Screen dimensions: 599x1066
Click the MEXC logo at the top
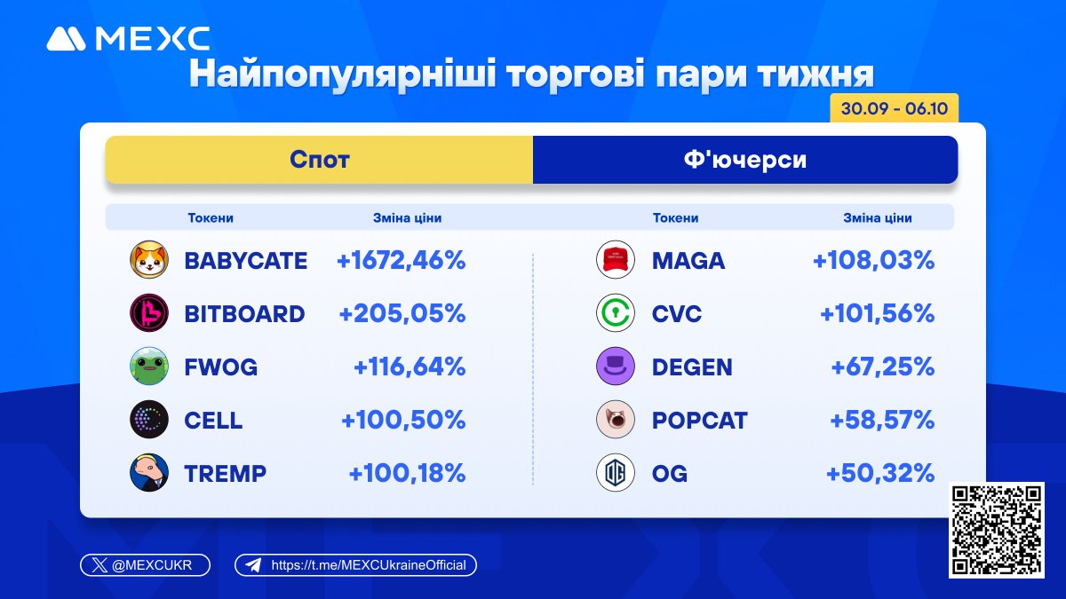128,38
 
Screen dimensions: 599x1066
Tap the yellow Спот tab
319,160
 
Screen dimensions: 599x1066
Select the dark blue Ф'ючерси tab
744,160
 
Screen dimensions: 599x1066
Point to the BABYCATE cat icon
148,260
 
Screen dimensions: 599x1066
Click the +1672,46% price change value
401,260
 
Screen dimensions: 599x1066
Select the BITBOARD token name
244,313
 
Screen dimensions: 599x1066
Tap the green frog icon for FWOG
148,366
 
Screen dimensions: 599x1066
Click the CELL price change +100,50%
403,420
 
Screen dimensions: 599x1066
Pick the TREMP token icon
148,473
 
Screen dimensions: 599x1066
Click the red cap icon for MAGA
616,260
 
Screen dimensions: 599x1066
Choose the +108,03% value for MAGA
873,260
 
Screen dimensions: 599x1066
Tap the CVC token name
676,313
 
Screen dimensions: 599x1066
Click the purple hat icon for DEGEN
616,366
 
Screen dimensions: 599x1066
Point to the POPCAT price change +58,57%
881,420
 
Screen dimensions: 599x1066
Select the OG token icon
616,473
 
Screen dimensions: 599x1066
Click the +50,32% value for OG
879,473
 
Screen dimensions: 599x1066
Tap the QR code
996,530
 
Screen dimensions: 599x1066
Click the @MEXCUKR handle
146,565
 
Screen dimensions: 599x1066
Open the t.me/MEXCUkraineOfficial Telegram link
356,565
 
